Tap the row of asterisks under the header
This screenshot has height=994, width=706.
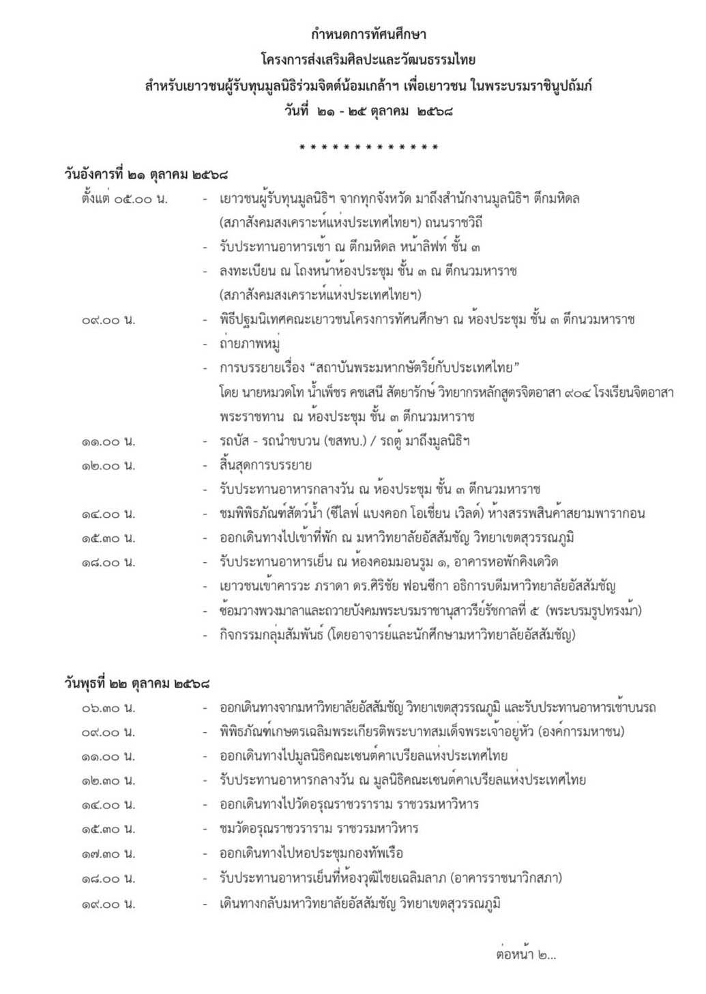tap(368, 147)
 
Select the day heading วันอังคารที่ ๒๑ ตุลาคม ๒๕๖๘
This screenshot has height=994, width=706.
tap(146, 175)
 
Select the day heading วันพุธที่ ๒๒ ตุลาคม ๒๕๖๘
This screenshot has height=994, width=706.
tap(137, 683)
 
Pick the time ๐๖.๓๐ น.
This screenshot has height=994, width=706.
tap(108, 708)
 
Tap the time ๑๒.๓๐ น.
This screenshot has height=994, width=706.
tap(108, 780)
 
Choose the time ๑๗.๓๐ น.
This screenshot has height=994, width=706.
tap(108, 853)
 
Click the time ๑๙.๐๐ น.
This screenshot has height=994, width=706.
tap(108, 905)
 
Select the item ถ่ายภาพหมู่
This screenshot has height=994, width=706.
tap(250, 344)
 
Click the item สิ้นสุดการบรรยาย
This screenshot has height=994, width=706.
tap(266, 466)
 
